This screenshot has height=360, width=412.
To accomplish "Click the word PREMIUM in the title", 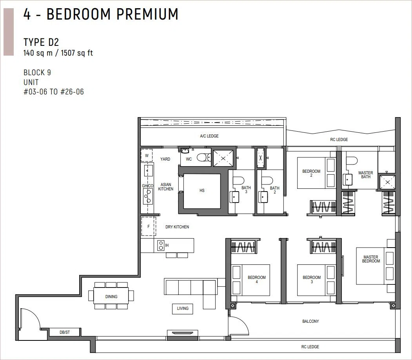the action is (147, 14).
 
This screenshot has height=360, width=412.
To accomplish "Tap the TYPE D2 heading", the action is (41, 42).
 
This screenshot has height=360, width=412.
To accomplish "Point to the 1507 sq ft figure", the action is (77, 53).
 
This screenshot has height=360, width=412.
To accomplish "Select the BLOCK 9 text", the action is (37, 72).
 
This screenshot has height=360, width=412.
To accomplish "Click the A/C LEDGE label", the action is (209, 136).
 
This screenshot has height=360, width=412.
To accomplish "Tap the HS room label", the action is (202, 190).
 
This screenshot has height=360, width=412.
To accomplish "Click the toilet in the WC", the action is (204, 157).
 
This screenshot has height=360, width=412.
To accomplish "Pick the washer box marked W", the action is (147, 156).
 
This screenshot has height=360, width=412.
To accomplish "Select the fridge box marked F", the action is (149, 226).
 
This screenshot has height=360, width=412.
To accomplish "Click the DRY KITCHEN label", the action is (177, 227).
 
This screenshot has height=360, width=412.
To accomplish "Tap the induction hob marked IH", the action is (161, 246).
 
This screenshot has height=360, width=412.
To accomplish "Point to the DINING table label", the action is (111, 297).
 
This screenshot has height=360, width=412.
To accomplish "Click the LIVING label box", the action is (183, 309).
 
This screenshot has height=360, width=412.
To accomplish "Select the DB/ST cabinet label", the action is (65, 332).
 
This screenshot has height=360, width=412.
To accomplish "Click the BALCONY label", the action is (310, 321).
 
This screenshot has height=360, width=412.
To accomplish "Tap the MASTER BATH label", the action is (365, 175).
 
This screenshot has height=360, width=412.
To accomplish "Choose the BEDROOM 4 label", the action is (256, 279).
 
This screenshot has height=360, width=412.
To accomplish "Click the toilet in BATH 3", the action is (238, 181).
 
